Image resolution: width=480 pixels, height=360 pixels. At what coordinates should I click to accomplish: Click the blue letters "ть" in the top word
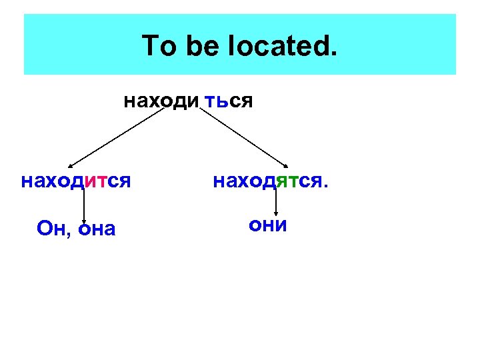217,102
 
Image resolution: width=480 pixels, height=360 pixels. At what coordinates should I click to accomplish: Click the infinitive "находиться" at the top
187,102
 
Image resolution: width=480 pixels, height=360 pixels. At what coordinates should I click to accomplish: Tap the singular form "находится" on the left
75,181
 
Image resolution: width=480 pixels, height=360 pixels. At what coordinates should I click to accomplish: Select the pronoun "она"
97,229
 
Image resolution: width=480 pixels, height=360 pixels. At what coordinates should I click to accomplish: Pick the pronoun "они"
267,225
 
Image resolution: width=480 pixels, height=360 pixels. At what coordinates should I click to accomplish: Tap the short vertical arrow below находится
84,210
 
